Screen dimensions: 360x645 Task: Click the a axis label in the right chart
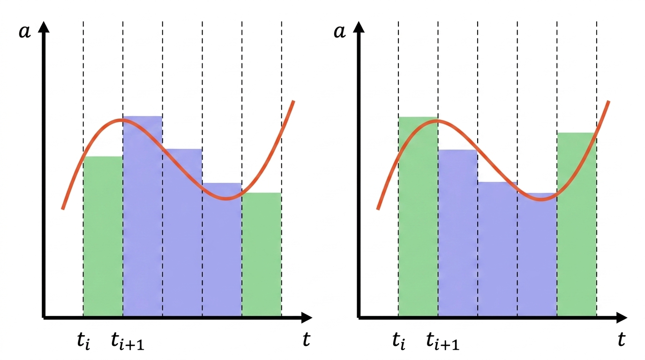tap(340, 32)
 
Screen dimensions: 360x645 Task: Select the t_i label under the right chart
tap(399, 341)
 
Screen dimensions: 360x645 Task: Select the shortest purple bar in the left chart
tap(222, 253)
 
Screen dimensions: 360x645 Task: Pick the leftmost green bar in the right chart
tap(418, 220)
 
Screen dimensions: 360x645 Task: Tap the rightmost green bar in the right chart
tap(577, 225)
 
